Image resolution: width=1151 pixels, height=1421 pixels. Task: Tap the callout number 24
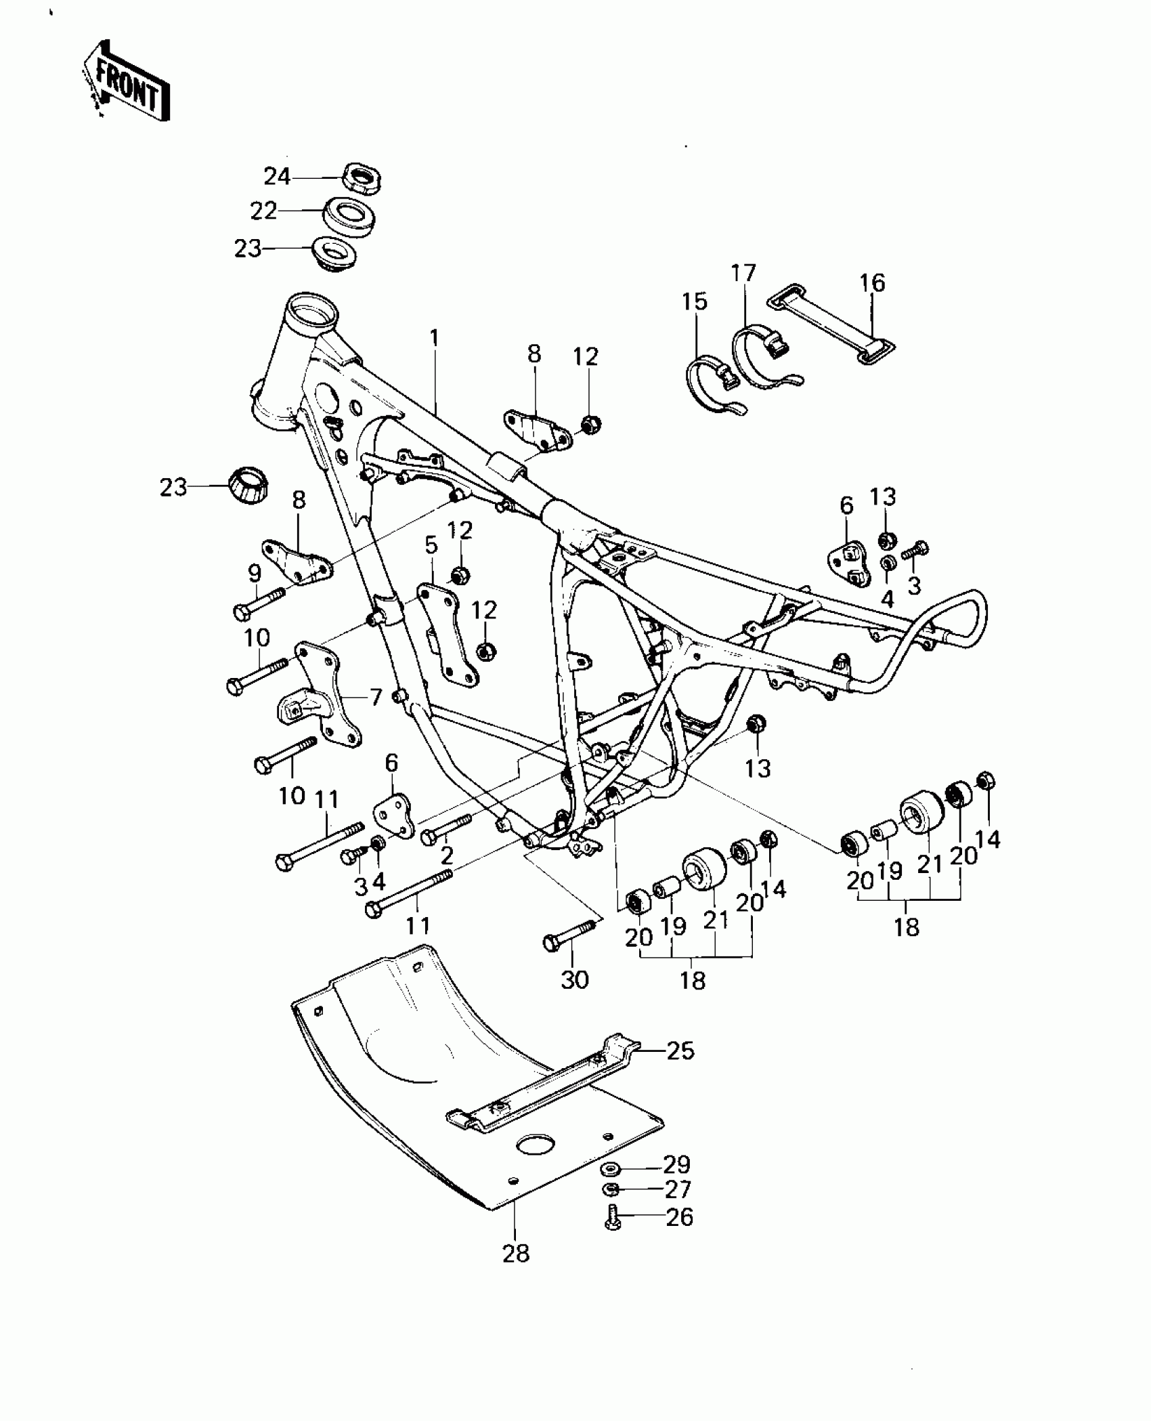(277, 177)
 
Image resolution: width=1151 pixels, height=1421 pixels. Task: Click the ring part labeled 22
(350, 216)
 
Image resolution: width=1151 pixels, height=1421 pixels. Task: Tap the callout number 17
(743, 274)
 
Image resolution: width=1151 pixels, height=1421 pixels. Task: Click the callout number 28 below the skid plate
(516, 1254)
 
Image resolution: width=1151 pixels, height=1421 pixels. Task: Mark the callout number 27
(677, 1190)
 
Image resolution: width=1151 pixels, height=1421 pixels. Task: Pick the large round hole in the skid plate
(539, 1145)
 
